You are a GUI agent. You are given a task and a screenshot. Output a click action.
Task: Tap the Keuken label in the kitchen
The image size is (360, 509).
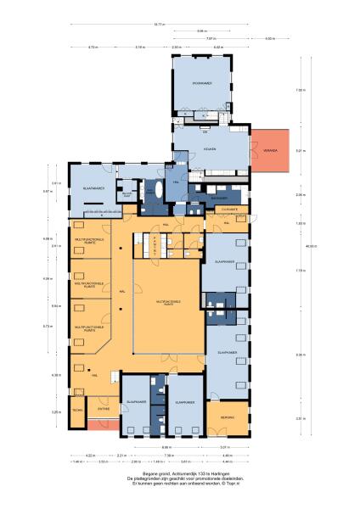point(210,149)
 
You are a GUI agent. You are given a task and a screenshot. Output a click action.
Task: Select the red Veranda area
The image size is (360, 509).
point(271,150)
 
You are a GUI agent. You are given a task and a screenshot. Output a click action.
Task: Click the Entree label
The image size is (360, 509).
point(104,408)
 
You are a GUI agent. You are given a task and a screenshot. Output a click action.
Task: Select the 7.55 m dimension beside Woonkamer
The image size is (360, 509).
point(298,90)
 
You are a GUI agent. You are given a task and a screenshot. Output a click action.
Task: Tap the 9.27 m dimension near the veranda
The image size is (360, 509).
point(298,151)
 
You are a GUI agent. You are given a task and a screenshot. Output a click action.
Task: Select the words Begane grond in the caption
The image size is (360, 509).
point(155,473)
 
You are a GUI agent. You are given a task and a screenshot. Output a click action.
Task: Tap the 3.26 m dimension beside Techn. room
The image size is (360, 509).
point(56,412)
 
